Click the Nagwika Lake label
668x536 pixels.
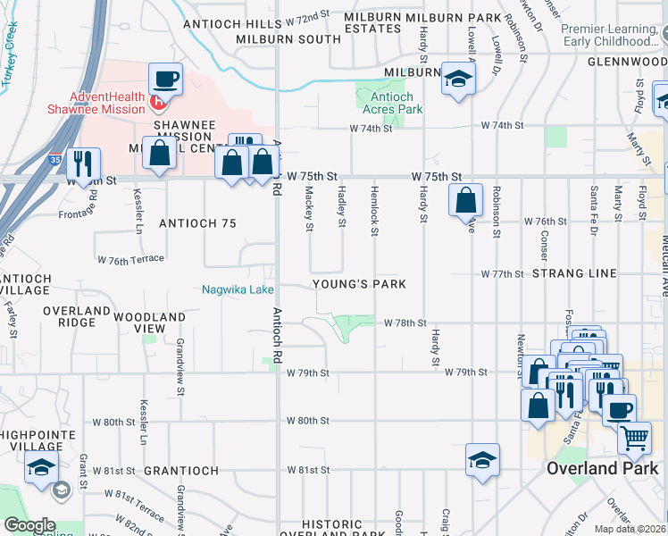click(x=238, y=289)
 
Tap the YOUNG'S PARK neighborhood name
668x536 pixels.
click(x=359, y=284)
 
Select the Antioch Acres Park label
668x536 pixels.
click(x=393, y=103)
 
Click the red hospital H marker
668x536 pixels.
click(x=158, y=101)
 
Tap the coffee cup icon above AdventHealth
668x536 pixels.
click(x=165, y=79)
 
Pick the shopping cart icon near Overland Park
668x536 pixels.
click(x=633, y=438)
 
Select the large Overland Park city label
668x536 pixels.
click(x=602, y=468)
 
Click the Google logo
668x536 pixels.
click(x=29, y=525)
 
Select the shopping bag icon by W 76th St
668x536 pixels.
click(x=465, y=200)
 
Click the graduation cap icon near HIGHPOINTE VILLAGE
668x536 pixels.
click(x=41, y=467)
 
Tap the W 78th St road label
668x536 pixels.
click(x=405, y=322)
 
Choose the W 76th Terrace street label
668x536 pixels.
click(x=131, y=259)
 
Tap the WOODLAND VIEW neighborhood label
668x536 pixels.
click(x=148, y=322)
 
